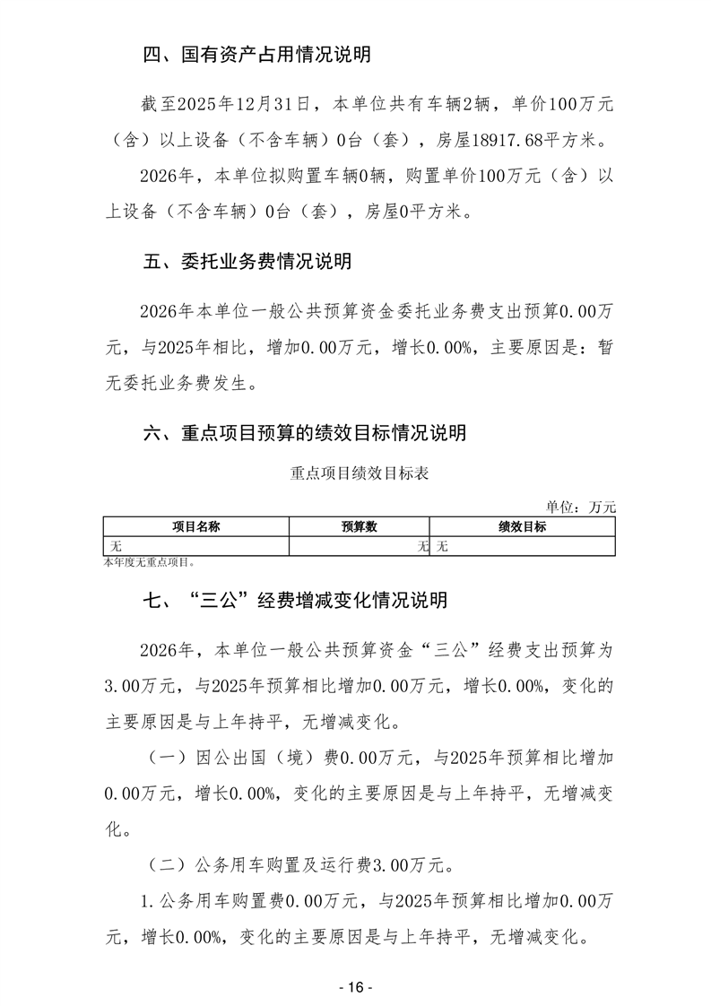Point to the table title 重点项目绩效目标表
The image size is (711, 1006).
pos(359,473)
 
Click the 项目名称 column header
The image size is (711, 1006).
pos(196,527)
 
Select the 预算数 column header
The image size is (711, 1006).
pos(359,527)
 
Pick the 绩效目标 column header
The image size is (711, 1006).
pos(523,527)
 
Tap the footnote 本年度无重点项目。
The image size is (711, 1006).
pos(149,563)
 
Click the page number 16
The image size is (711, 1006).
pos(356,987)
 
